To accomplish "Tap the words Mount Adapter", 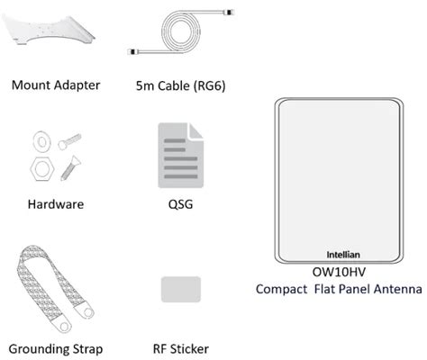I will pyautogui.click(x=55, y=86).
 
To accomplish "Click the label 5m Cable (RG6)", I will pyautogui.click(x=179, y=86).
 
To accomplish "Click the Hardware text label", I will pyautogui.click(x=55, y=204).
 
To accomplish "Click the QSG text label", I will pyautogui.click(x=180, y=204).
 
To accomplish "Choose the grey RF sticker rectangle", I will pyautogui.click(x=180, y=289).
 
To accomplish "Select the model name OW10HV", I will pyautogui.click(x=338, y=272).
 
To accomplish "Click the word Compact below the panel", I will pyautogui.click(x=283, y=289).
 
